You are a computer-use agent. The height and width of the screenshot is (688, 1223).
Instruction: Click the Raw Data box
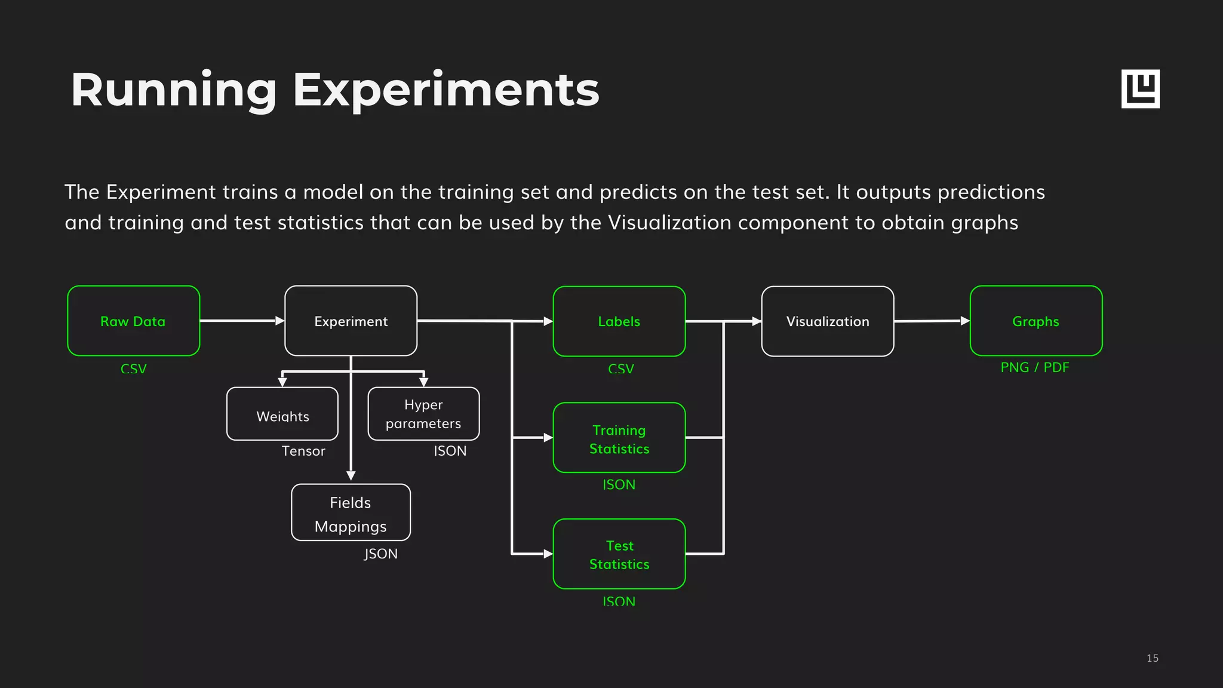pyautogui.click(x=133, y=321)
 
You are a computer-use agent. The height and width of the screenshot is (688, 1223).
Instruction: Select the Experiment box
pyautogui.click(x=351, y=321)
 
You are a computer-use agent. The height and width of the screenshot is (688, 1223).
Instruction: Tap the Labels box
pyautogui.click(x=619, y=321)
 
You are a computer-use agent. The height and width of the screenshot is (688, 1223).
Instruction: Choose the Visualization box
pyautogui.click(x=827, y=321)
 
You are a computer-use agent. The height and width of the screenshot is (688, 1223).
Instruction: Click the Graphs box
pyautogui.click(x=1035, y=321)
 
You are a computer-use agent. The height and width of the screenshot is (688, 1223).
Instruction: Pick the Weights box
pyautogui.click(x=282, y=414)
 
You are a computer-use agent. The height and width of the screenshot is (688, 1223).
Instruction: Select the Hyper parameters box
pyautogui.click(x=423, y=414)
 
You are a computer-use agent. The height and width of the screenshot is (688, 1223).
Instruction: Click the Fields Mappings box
pyautogui.click(x=351, y=512)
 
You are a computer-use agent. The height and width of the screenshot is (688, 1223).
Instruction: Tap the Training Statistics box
pyautogui.click(x=619, y=438)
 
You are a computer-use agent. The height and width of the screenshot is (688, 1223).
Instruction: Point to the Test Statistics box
pyautogui.click(x=619, y=554)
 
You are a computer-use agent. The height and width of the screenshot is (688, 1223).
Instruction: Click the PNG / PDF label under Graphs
pyautogui.click(x=1034, y=367)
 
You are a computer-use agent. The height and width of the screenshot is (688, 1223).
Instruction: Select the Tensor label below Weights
pyautogui.click(x=303, y=451)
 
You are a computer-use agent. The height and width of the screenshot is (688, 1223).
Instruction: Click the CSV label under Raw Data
pyautogui.click(x=133, y=368)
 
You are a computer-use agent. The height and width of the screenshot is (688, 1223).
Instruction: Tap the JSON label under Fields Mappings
pyautogui.click(x=380, y=554)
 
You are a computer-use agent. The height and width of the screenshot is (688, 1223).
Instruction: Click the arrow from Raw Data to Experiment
pyautogui.click(x=242, y=321)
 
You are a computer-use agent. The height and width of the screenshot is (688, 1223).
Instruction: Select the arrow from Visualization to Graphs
pyautogui.click(x=932, y=321)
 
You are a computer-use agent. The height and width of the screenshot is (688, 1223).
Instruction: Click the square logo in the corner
pyautogui.click(x=1140, y=89)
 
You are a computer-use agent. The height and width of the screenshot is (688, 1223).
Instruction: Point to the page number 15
pyautogui.click(x=1152, y=658)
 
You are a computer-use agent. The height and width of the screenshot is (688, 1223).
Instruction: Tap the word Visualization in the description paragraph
pyautogui.click(x=669, y=223)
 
